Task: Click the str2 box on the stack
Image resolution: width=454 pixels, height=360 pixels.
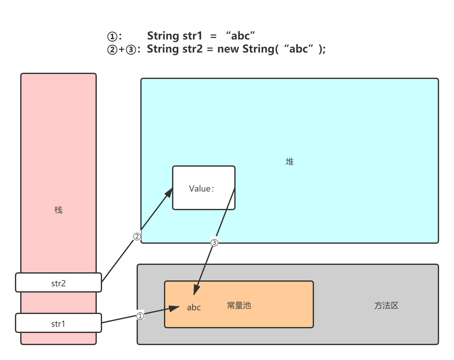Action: [x=59, y=283]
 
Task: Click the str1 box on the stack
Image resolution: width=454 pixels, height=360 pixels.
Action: [x=59, y=323]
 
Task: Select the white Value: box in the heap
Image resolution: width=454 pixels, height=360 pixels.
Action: [x=204, y=188]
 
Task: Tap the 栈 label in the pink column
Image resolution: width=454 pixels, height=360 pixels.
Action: [x=59, y=210]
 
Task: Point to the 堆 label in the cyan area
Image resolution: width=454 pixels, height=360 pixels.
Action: [x=290, y=162]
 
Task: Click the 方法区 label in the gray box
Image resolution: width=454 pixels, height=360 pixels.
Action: [x=386, y=305]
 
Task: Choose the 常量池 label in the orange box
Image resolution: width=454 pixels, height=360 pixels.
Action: [x=239, y=305]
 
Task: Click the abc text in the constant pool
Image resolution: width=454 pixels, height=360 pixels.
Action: [x=194, y=307]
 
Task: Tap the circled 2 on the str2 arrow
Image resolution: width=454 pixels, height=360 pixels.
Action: [x=137, y=237]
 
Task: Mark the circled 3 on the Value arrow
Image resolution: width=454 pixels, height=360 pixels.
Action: [x=214, y=243]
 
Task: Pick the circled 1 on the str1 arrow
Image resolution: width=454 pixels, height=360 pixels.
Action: [x=140, y=316]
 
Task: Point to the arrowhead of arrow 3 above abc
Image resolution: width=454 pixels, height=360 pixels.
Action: [x=196, y=289]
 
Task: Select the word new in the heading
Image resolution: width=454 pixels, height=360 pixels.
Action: [x=228, y=49]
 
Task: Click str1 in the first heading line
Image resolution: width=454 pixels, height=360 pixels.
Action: [x=192, y=36]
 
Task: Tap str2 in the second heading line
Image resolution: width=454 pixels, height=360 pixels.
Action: [x=192, y=49]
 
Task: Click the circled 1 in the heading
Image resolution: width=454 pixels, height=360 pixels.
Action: [x=112, y=36]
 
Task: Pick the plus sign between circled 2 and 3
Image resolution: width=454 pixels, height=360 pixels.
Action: [x=122, y=49]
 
